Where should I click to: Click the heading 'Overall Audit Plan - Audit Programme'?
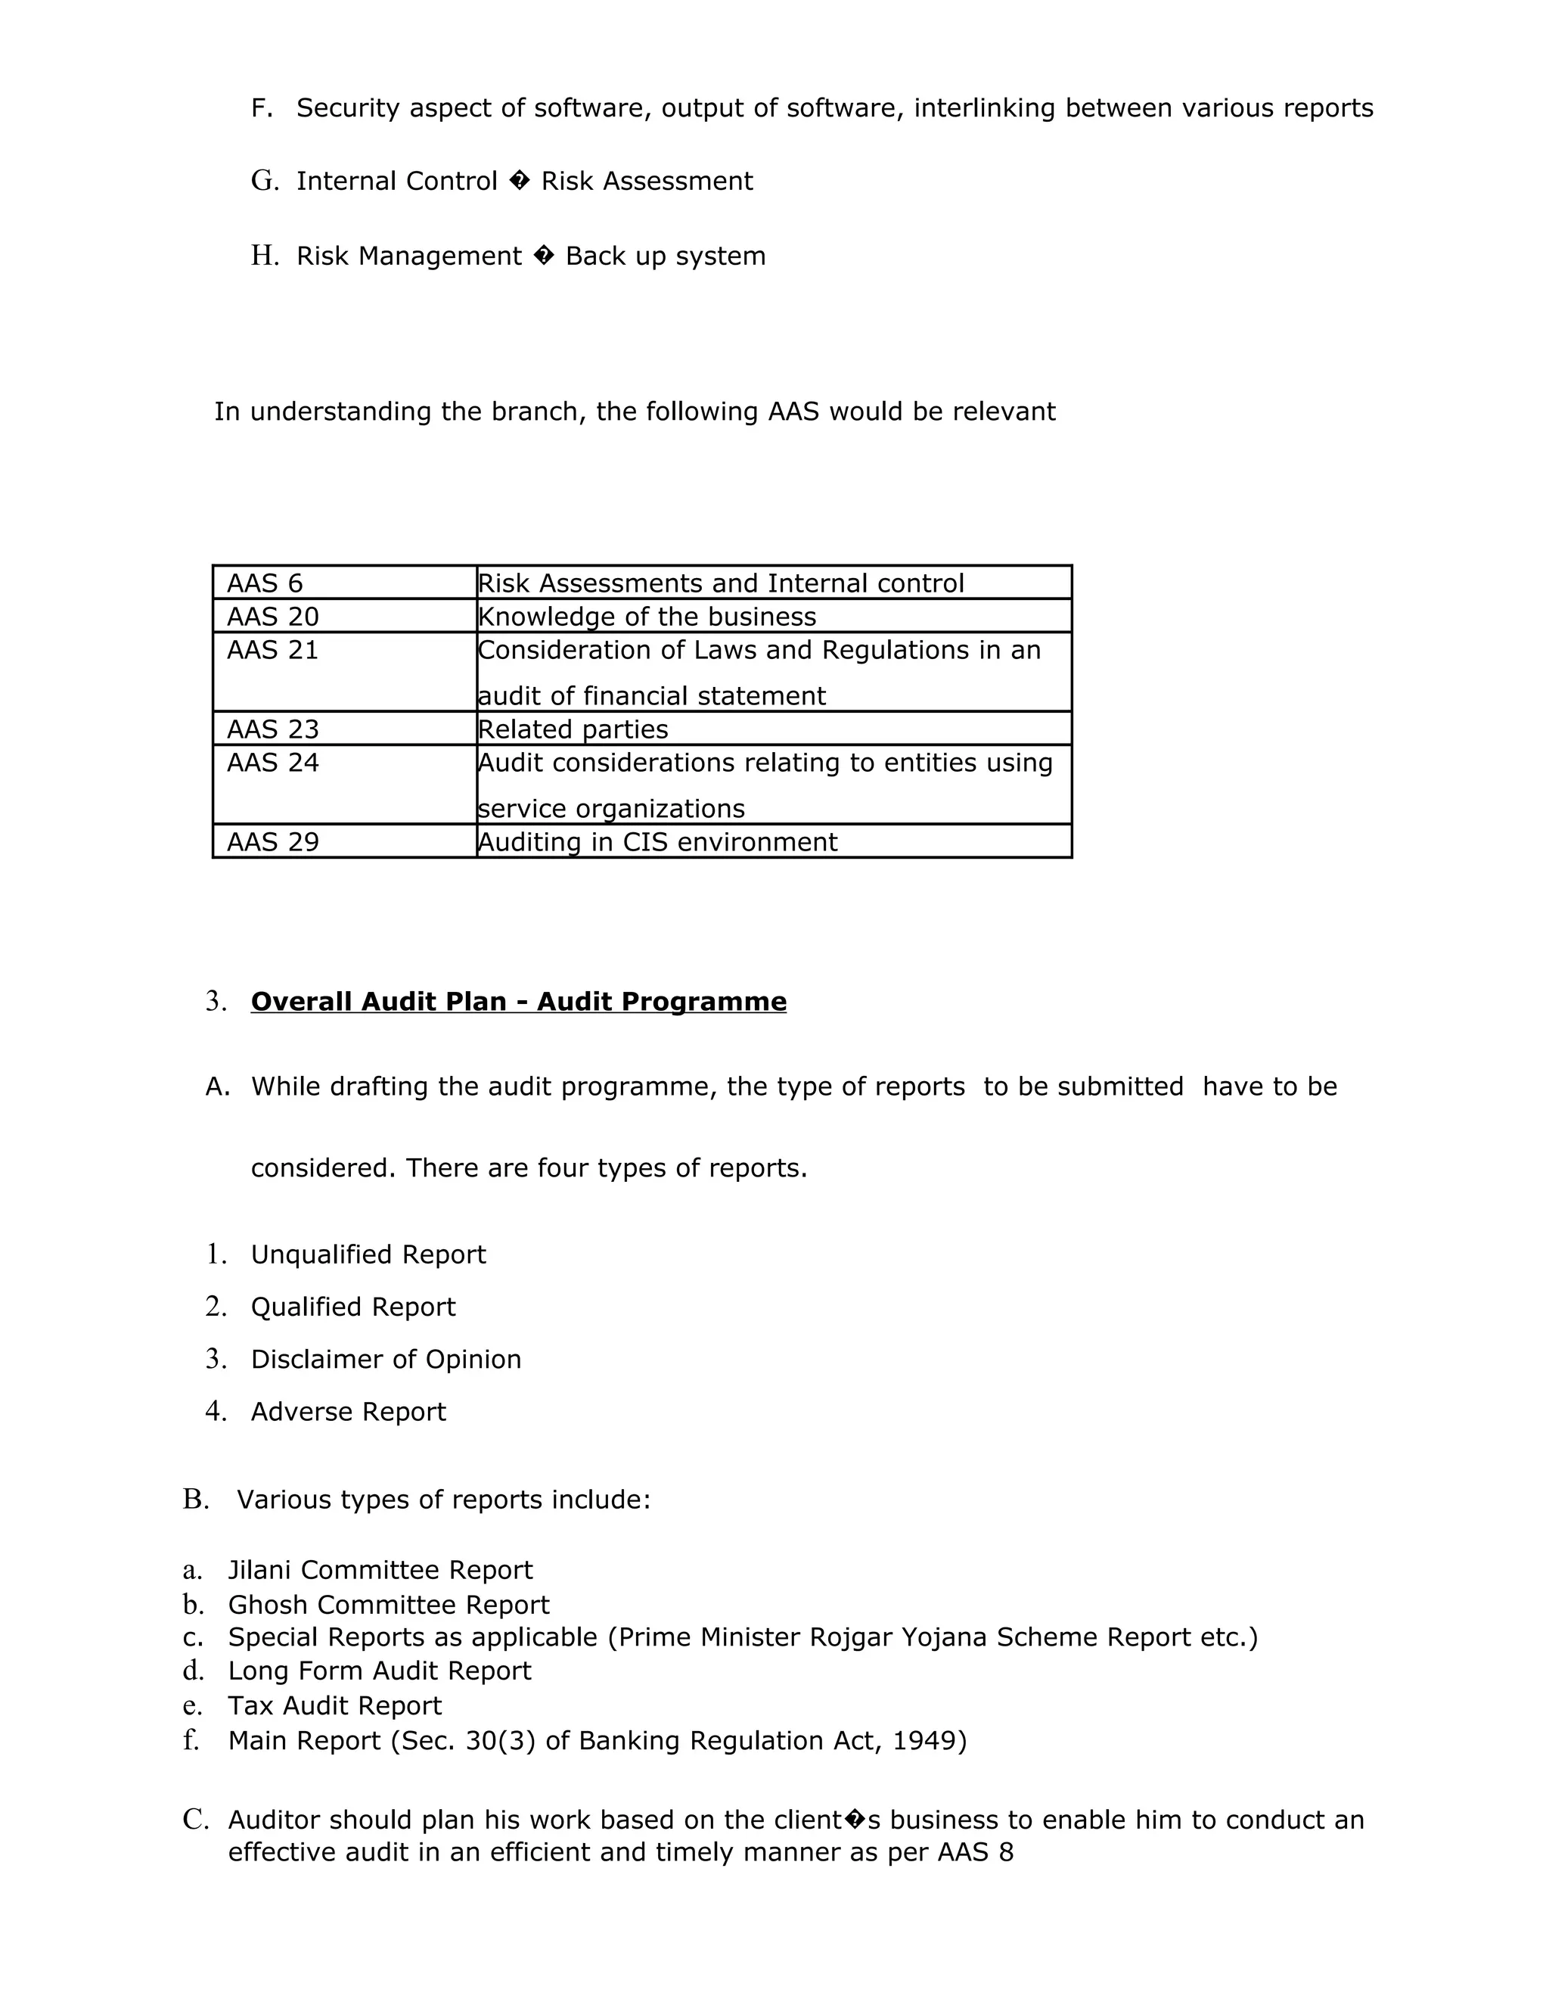[518, 1002]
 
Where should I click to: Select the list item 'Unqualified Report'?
[368, 1255]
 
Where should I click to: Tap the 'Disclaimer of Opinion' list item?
[386, 1360]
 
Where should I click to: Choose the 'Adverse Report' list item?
[348, 1412]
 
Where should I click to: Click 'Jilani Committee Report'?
[380, 1571]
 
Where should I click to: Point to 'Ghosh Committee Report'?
[388, 1606]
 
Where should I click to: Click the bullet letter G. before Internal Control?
[264, 181]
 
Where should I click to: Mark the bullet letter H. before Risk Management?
[264, 256]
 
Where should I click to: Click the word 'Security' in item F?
[348, 108]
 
